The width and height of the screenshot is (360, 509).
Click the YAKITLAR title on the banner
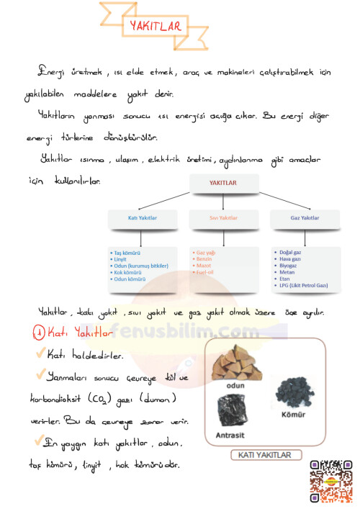coord(155,27)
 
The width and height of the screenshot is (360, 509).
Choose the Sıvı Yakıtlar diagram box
coord(223,217)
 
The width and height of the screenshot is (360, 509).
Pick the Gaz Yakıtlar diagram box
coord(305,217)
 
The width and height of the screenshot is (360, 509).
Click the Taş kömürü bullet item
coord(126,253)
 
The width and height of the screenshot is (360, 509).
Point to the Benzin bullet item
coord(204,259)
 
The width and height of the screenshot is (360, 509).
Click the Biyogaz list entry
coord(289,266)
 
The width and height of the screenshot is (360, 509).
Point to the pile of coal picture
coord(295,392)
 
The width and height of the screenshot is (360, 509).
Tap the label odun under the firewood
coord(236,385)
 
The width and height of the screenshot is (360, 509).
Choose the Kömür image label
coord(295,415)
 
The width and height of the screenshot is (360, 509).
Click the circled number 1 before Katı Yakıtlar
coord(39,333)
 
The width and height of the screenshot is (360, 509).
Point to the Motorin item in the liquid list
coord(204,266)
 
